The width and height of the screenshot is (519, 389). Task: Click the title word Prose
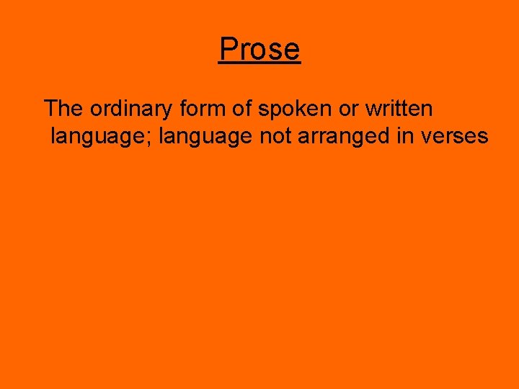coord(259,49)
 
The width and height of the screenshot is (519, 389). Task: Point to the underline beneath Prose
coord(259,64)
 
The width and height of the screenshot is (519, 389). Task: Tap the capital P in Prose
coord(228,49)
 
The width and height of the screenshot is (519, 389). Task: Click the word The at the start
coord(63,109)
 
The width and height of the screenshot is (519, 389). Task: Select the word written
coord(399,109)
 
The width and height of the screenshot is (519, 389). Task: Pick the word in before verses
coord(404,135)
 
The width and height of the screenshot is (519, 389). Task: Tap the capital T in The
coord(50,109)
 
